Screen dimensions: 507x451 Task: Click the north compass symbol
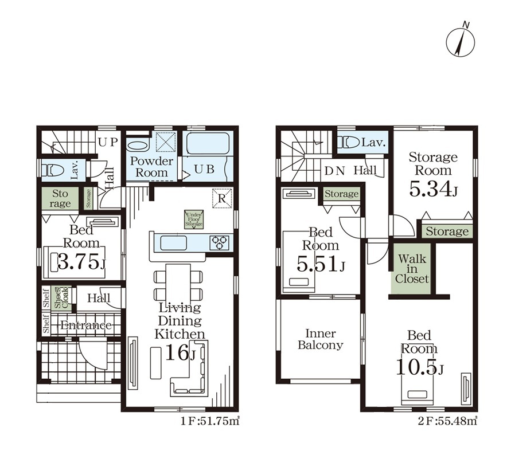coord(461,41)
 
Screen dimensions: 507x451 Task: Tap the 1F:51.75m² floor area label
coord(210,421)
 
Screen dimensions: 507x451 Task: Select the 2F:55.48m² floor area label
coord(447,421)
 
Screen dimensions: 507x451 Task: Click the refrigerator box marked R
coord(222,198)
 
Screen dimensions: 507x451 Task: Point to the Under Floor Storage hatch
coord(194,219)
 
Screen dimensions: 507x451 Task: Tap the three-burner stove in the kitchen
coord(220,242)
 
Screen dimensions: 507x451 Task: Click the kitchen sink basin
coord(173,242)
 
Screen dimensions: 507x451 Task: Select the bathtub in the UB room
coord(208,143)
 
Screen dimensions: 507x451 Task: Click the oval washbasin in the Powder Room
coord(137,144)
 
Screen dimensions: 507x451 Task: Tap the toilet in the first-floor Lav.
coord(53,170)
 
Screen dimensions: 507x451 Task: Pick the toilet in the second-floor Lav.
coord(349,142)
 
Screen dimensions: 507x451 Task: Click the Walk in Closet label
coord(412,268)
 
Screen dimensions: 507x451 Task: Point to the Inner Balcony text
coord(320,339)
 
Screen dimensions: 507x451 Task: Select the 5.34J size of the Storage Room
coord(433,189)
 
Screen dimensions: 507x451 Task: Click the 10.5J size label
coord(419,367)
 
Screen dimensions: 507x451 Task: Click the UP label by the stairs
coord(108,142)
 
